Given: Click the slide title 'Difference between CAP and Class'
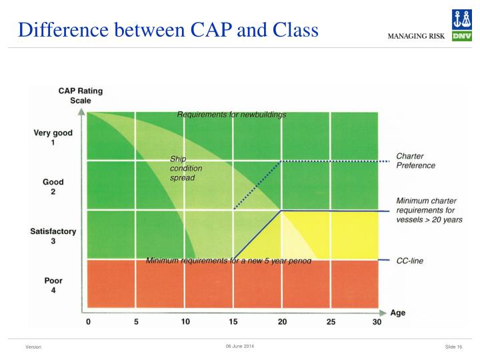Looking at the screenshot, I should pos(168,30).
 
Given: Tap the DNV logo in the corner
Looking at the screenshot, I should pos(461,25).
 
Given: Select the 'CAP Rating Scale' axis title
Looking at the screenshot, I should pos(81,96).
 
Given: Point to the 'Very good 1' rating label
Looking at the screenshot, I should pos(53,138).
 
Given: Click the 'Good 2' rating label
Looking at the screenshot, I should pos(53,187).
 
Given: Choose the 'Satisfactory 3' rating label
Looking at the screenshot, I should pos(53,236).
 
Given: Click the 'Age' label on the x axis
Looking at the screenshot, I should pos(397,312).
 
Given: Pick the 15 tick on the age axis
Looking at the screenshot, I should pos(234,322).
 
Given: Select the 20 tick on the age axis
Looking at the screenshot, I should pos(282,322).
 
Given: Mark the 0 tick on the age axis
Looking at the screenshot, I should pos(89,322).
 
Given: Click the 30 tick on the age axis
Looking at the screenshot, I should pos(378,322).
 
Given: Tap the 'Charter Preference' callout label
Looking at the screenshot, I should pos(415,161).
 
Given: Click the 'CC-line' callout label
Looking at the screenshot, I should pos(409,261).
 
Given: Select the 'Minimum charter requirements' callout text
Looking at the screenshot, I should pos(429,210).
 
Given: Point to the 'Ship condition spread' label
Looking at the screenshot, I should pos(186,169).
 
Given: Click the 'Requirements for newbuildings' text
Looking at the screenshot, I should pos(231,115).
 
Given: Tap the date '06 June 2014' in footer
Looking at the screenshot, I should pos(240,346).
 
